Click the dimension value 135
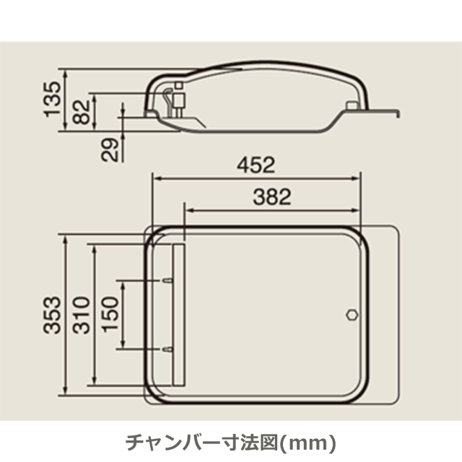tap(53, 100)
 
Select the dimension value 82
tap(81, 112)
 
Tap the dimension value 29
tap(110, 149)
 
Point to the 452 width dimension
tap(256, 165)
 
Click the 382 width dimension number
tap(272, 197)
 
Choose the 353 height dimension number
tap(52, 315)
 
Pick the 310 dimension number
tap(81, 315)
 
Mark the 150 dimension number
tap(110, 314)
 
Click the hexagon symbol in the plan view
tap(352, 315)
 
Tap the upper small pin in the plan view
tap(167, 281)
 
